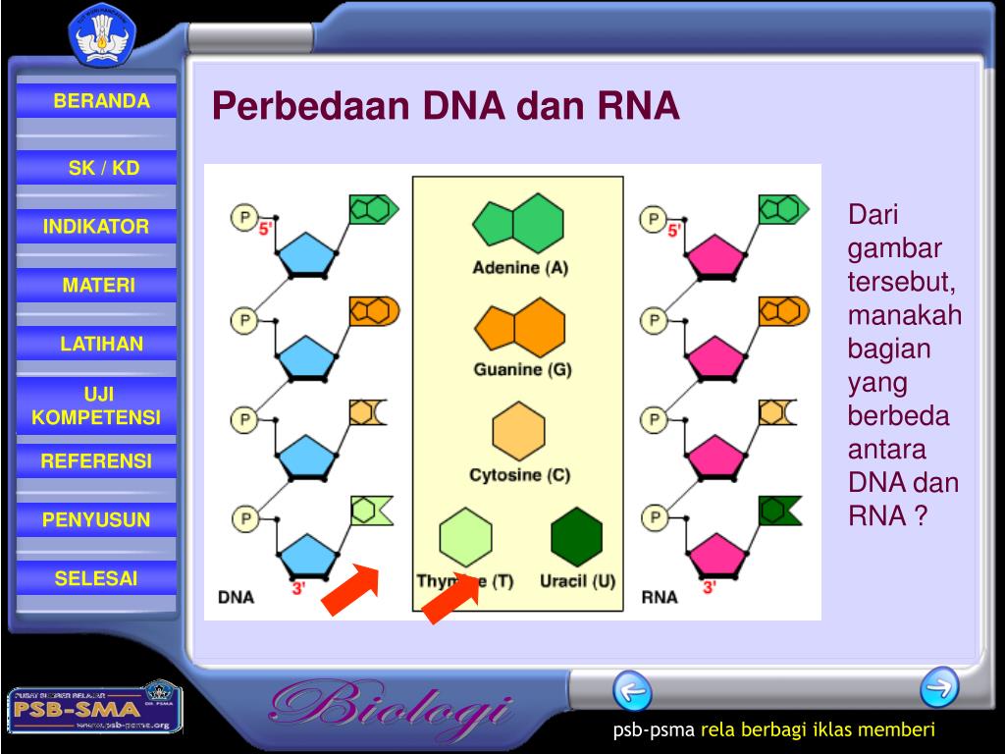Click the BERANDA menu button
tap(101, 101)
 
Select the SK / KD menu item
tap(103, 168)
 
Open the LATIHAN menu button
tap(101, 344)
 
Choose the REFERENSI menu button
tap(96, 460)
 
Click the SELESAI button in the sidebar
tap(96, 578)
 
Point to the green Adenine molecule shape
tap(518, 224)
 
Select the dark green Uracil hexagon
tap(576, 537)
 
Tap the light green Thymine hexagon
tap(465, 537)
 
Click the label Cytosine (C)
tap(519, 475)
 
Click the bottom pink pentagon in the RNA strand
tap(716, 554)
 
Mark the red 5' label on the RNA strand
tap(674, 231)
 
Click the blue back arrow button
tap(632, 691)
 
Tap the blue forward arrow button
tap(939, 686)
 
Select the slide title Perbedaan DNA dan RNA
tap(446, 106)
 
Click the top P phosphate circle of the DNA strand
tap(243, 216)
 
